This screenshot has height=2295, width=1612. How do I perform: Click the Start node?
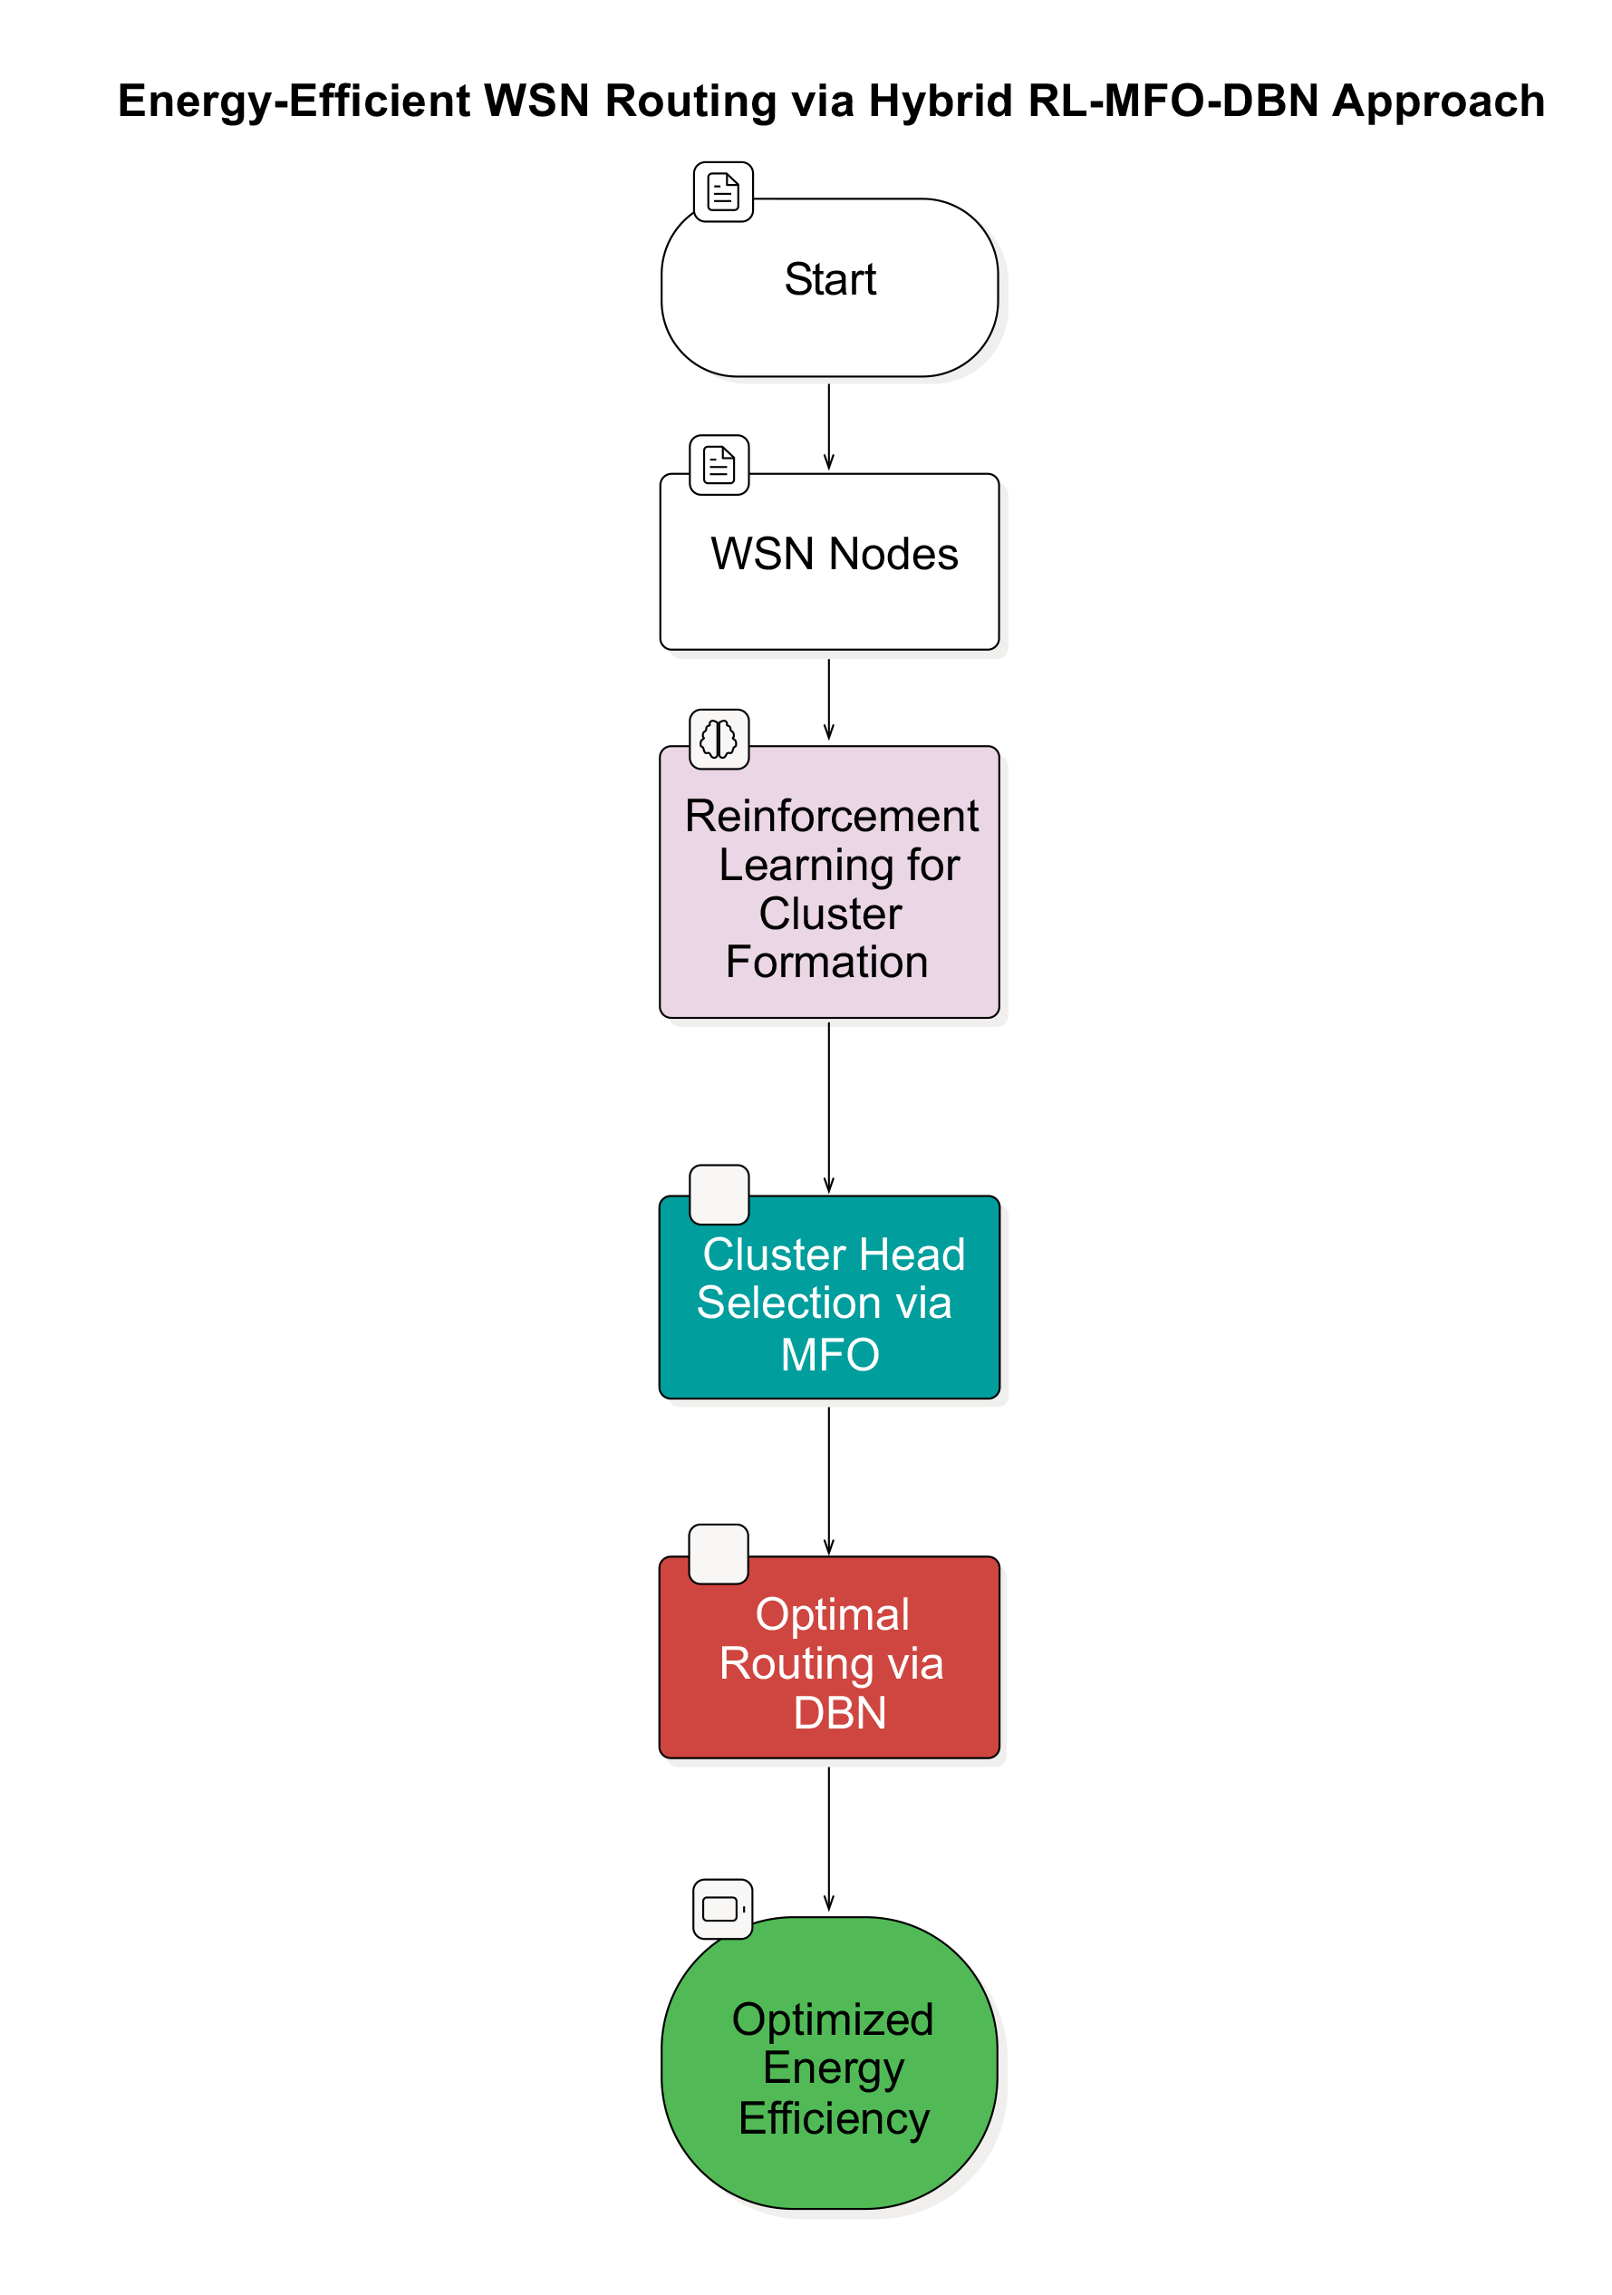pos(828,288)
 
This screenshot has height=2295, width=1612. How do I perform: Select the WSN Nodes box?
pos(828,562)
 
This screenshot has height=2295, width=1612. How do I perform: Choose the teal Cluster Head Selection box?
pos(828,1297)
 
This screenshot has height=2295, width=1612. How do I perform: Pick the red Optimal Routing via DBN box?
pos(828,1657)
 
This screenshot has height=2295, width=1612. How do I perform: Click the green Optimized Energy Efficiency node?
pos(828,2063)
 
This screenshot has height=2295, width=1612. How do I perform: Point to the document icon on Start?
pos(722,192)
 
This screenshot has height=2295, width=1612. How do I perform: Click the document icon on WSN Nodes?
pos(719,465)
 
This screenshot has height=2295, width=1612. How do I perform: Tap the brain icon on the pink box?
pos(719,740)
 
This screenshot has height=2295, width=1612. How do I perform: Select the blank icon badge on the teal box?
pos(719,1195)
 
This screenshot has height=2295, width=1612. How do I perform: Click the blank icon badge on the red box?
pos(718,1554)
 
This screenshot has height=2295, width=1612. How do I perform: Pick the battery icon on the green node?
pos(722,1909)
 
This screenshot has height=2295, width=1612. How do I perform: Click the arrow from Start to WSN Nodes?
pos(828,425)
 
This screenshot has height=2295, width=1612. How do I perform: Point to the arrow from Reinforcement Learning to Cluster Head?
pos(828,1107)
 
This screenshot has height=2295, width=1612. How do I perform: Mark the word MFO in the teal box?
pos(829,1355)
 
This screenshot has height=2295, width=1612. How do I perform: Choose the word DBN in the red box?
pos(839,1713)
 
